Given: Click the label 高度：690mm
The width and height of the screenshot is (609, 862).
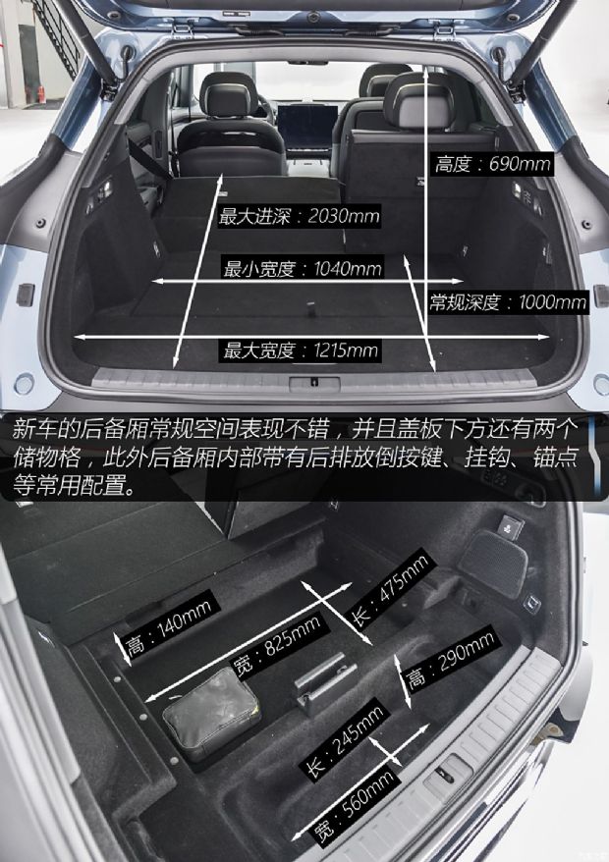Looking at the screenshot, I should click(x=493, y=164).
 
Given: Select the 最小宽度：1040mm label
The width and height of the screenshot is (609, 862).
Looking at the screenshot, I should click(x=303, y=268).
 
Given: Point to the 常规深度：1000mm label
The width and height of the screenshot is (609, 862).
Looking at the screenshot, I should click(x=508, y=302).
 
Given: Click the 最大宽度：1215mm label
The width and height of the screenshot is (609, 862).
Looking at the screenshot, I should click(x=301, y=350).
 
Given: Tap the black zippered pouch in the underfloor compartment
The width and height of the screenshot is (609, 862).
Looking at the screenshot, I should click(x=211, y=723).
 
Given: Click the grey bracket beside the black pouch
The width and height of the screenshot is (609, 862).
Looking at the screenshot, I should click(x=325, y=678).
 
